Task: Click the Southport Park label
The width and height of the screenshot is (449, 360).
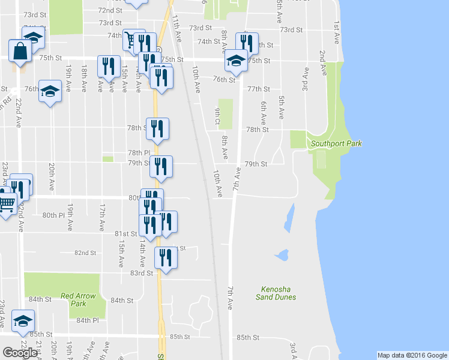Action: click(x=334, y=143)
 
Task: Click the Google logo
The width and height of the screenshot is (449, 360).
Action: click(x=20, y=352)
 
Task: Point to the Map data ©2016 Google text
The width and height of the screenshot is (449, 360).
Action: click(x=412, y=355)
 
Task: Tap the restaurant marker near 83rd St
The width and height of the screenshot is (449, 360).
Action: click(x=166, y=258)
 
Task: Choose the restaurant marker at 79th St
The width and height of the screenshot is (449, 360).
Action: click(x=161, y=166)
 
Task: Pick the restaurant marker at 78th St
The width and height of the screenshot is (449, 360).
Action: click(x=157, y=128)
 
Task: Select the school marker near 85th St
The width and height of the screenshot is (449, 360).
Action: click(x=23, y=321)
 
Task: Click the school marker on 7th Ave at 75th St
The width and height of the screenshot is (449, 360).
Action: click(x=236, y=60)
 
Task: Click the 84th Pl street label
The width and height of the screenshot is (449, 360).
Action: click(x=87, y=320)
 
